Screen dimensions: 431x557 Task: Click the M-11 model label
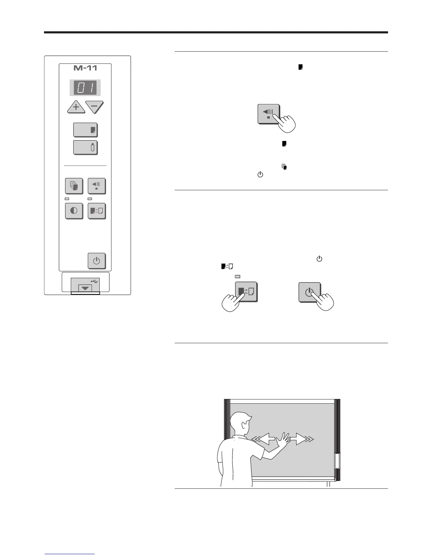(x=85, y=68)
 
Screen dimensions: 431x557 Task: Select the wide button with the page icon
(x=85, y=130)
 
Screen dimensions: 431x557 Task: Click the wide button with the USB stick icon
(x=85, y=147)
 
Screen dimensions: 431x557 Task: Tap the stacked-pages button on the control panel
(x=74, y=186)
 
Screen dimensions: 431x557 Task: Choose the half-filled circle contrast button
(x=74, y=211)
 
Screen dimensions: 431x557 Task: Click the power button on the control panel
(x=96, y=261)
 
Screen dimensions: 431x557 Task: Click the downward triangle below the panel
(x=85, y=288)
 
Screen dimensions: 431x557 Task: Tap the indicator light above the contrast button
(x=67, y=199)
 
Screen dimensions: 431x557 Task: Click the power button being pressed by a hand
(x=309, y=292)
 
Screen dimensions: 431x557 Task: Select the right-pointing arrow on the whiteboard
(x=298, y=439)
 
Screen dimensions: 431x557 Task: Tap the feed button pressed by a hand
(x=268, y=114)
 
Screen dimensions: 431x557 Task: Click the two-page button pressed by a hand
(x=246, y=292)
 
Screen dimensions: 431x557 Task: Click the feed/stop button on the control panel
(x=96, y=186)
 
